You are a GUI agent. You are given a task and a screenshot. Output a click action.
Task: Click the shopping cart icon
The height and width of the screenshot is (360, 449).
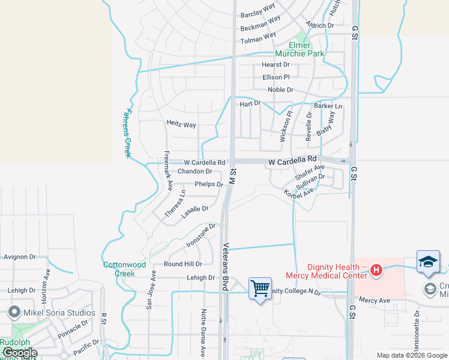[260, 289]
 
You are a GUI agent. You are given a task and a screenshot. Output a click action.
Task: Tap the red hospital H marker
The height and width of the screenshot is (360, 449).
[376, 271]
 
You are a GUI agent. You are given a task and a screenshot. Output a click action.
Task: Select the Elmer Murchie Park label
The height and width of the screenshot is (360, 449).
[307, 49]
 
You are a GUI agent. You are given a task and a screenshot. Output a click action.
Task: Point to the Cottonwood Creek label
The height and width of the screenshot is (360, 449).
[124, 268]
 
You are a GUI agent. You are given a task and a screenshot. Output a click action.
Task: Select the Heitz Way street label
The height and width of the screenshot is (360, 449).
[181, 125]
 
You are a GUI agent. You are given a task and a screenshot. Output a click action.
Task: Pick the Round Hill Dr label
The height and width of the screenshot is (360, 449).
[183, 263]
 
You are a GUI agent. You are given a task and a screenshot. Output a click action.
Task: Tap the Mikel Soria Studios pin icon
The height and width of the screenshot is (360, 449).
[15, 313]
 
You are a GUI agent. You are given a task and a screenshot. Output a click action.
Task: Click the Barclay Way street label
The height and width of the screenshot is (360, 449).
[258, 10]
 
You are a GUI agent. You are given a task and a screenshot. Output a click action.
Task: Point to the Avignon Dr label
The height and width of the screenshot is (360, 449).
[20, 257]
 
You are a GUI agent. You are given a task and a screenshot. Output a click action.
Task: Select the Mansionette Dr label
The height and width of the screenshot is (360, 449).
[416, 331]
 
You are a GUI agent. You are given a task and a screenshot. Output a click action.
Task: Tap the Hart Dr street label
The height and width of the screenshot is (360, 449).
[250, 103]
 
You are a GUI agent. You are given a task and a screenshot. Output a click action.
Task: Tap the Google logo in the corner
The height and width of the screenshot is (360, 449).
[20, 353]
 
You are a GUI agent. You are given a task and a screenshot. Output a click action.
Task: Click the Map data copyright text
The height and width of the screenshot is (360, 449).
[412, 355]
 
